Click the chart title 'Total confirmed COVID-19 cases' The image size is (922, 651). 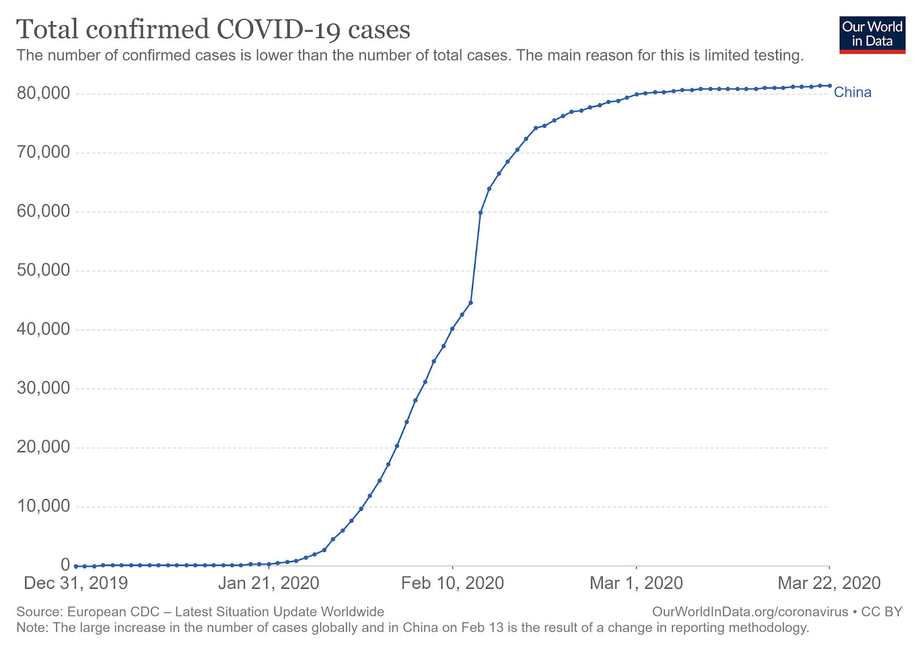pyautogui.click(x=213, y=29)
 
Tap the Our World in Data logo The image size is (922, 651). pyautogui.click(x=872, y=35)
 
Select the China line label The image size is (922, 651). pyautogui.click(x=852, y=92)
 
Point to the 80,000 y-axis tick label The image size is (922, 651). pyautogui.click(x=43, y=93)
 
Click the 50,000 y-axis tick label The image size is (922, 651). pyautogui.click(x=43, y=270)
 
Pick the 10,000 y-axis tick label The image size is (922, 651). pyautogui.click(x=43, y=506)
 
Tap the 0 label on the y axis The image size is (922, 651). pyautogui.click(x=65, y=565)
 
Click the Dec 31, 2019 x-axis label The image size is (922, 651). pyautogui.click(x=75, y=583)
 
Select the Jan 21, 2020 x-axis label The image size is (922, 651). pyautogui.click(x=269, y=583)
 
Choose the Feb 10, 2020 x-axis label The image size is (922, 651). pyautogui.click(x=452, y=583)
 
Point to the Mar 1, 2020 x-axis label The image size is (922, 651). pyautogui.click(x=636, y=583)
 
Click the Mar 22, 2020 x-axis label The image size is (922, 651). pyautogui.click(x=829, y=583)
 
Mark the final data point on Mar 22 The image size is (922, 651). pyautogui.click(x=829, y=86)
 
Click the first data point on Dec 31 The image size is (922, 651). pyautogui.click(x=75, y=566)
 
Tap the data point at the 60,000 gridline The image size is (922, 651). pyautogui.click(x=481, y=213)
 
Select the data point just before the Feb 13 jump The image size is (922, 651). pyautogui.click(x=471, y=302)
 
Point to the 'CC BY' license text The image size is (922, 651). pyautogui.click(x=882, y=612)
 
